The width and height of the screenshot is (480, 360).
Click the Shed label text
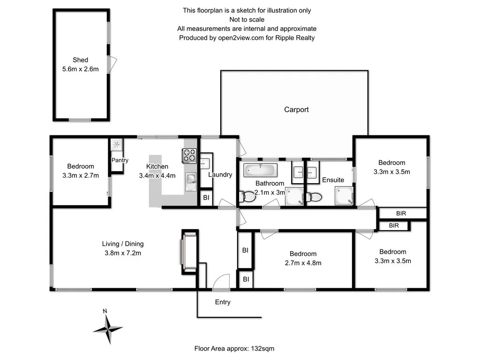[80, 60]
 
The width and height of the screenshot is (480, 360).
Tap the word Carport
[296, 110]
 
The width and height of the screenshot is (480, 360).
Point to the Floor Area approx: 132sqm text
[238, 349]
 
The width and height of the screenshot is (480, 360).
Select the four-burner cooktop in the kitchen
[189, 155]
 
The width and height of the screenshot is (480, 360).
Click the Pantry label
[120, 160]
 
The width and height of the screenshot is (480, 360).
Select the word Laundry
[220, 175]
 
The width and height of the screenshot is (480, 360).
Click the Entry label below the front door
[223, 302]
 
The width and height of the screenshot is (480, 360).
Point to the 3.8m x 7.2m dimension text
[123, 253]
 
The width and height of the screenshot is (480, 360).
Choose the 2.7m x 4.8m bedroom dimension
[303, 263]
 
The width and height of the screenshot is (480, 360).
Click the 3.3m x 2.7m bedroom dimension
[80, 176]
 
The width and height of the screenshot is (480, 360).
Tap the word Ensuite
[333, 180]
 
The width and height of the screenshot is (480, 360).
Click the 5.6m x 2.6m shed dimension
[80, 69]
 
